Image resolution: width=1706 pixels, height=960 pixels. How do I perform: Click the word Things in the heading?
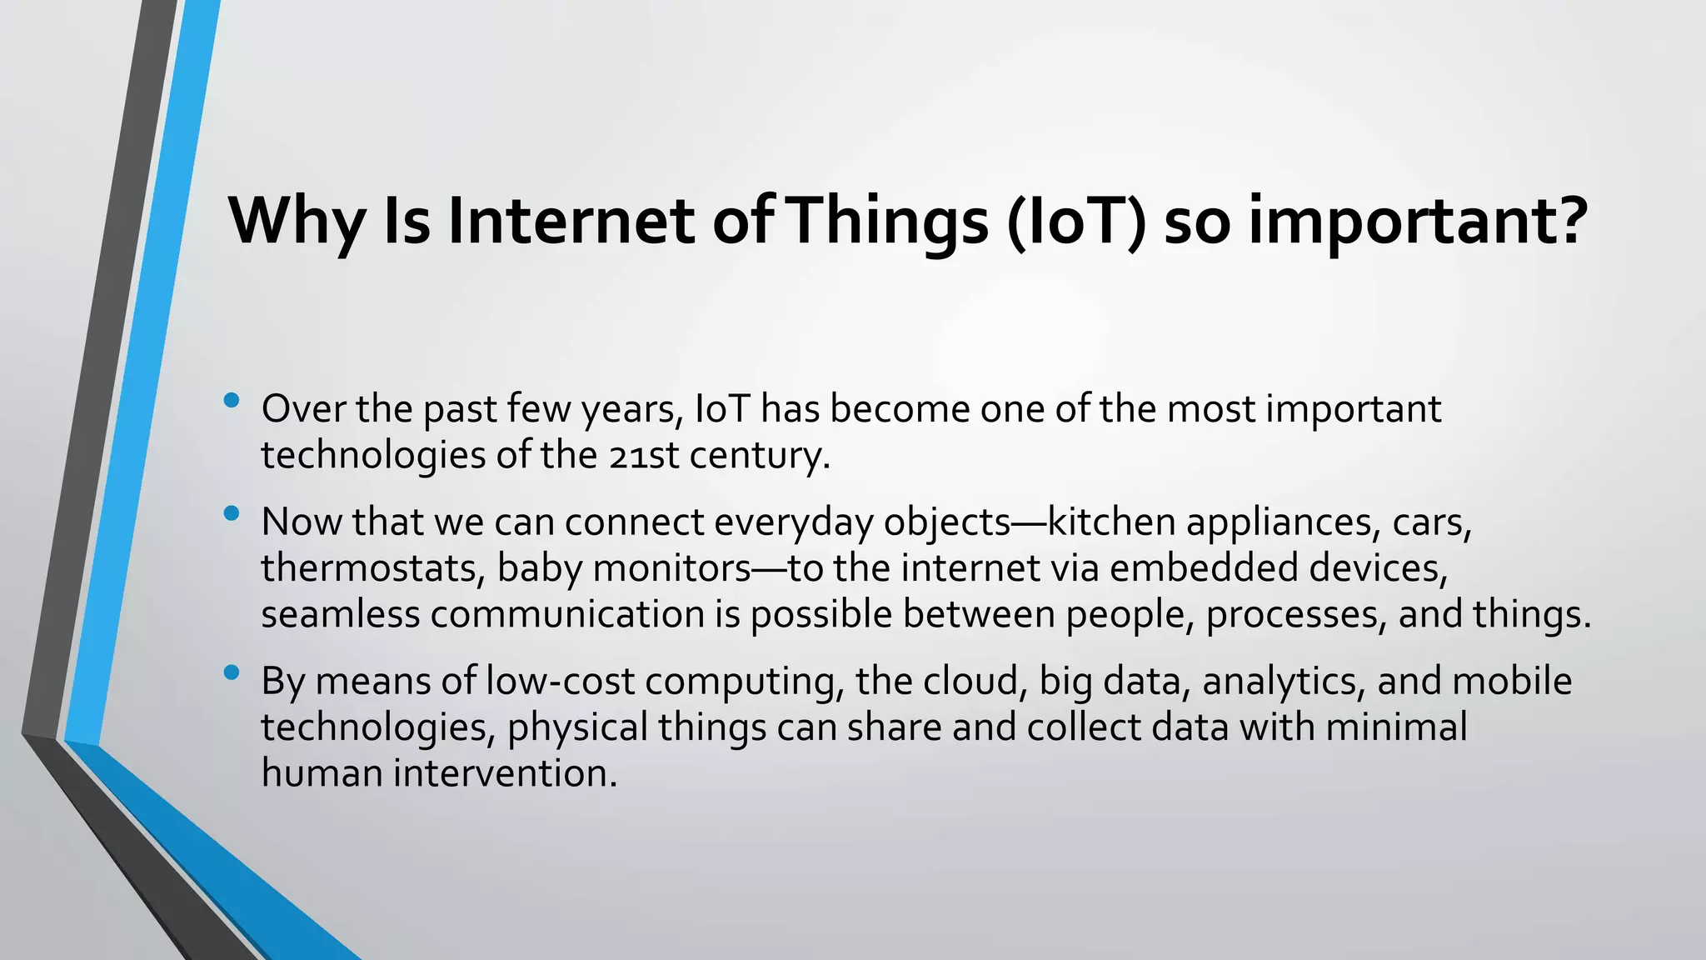[888, 222]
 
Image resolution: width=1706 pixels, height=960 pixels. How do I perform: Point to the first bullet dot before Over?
[232, 401]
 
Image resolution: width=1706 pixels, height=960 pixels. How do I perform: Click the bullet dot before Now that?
[232, 514]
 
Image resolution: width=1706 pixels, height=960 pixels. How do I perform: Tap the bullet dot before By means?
[232, 672]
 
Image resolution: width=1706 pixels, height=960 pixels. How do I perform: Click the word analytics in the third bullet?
[1283, 682]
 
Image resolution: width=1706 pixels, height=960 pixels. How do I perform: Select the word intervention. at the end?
[506, 773]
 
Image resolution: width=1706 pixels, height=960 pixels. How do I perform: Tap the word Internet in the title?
[571, 222]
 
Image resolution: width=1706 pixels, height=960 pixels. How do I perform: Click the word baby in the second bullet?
[539, 568]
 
